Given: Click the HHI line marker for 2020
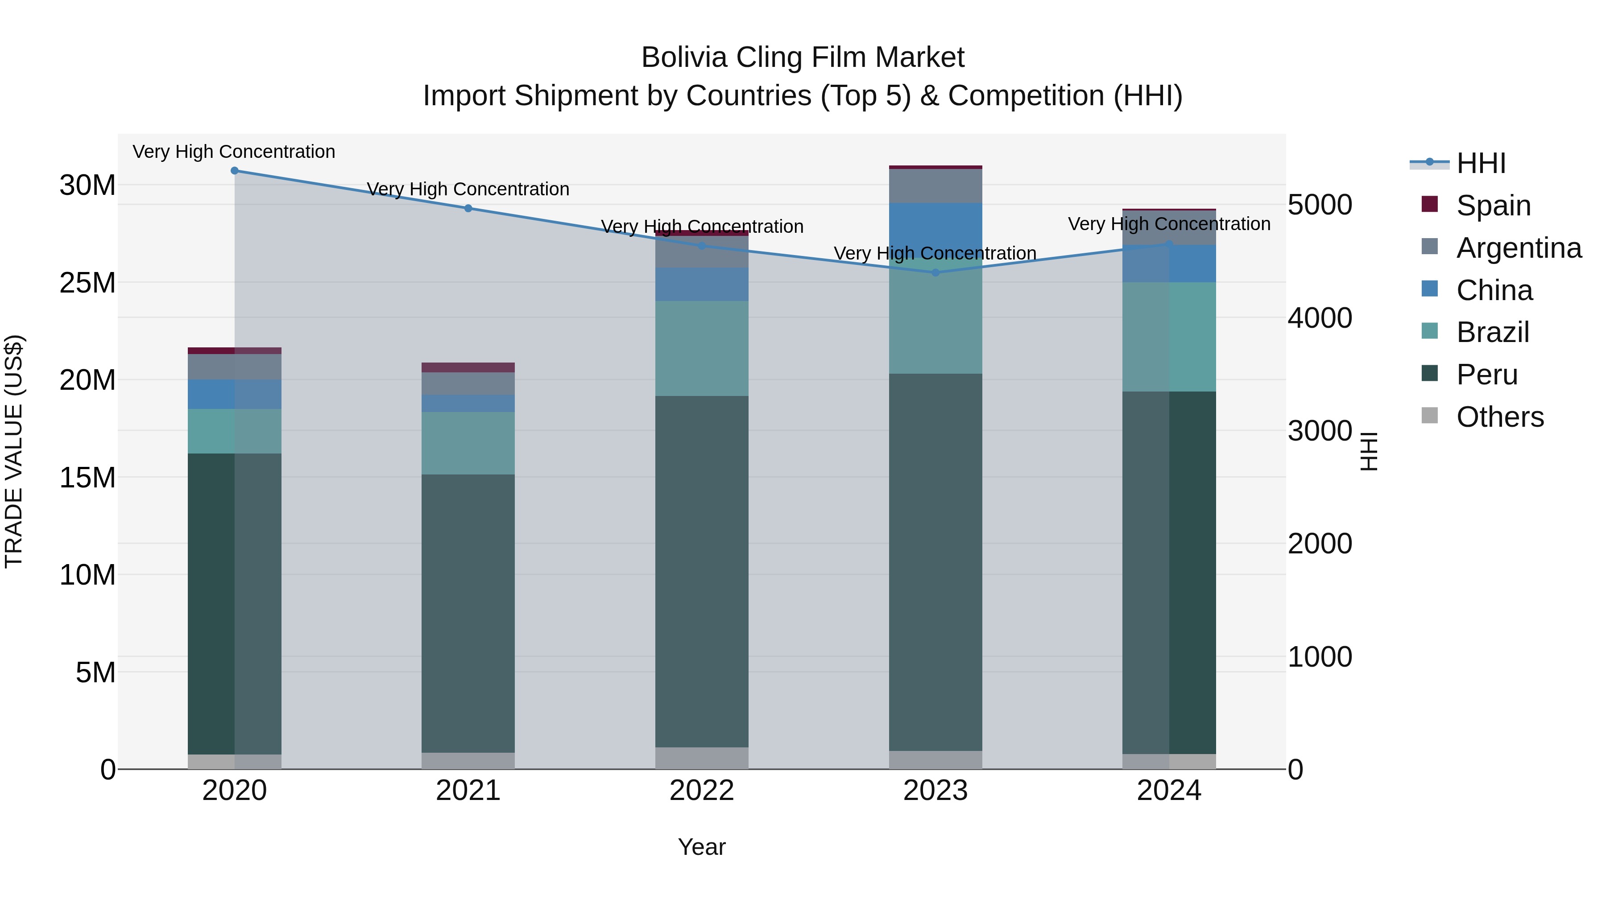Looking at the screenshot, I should click(x=234, y=171).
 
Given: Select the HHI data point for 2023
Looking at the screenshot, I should click(x=935, y=272).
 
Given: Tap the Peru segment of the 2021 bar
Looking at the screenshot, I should click(x=468, y=614).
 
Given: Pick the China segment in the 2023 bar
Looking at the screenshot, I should click(x=935, y=231).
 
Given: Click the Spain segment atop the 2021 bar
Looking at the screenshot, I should click(x=468, y=367).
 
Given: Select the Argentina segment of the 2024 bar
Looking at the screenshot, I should click(x=1169, y=227).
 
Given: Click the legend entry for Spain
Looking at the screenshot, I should click(x=1493, y=205).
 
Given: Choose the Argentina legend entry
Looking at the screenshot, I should click(x=1518, y=247).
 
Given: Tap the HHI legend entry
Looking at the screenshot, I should click(x=1481, y=163).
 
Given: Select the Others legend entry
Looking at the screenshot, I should click(x=1499, y=417).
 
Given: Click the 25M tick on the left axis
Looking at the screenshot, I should click(x=87, y=283).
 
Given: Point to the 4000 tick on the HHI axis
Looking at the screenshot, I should click(x=1320, y=318).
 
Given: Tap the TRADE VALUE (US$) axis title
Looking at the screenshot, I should click(x=14, y=451).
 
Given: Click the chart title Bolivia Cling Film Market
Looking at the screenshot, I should click(x=803, y=58).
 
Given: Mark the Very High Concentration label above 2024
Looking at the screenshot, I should click(x=1169, y=224).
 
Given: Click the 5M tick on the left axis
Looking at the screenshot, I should click(x=95, y=672).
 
